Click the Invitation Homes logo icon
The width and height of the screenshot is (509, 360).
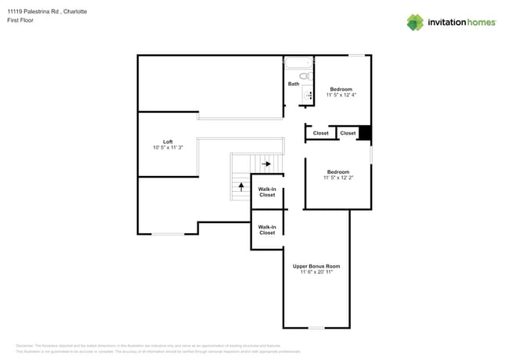tap(415, 22)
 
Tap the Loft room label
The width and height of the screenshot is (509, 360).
tap(168, 142)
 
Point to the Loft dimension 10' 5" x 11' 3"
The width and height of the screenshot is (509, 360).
tap(168, 148)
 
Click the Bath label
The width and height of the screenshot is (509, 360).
tap(294, 84)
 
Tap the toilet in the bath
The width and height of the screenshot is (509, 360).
tap(306, 77)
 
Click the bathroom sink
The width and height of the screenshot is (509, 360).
tap(308, 95)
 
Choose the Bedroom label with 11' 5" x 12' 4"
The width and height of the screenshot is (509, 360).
tap(341, 88)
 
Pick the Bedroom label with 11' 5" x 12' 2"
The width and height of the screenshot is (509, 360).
tap(338, 171)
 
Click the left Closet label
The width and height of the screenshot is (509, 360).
tap(321, 133)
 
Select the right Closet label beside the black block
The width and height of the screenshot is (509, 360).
tap(348, 133)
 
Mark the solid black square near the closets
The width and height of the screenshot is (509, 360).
tap(364, 133)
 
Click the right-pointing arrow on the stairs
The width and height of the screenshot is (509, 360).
tap(267, 164)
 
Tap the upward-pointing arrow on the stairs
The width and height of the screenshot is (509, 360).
tap(241, 187)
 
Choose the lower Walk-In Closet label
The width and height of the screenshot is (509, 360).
tap(267, 229)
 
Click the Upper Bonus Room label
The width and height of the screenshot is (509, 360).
tap(316, 266)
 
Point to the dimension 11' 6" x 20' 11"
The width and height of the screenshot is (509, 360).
tap(316, 272)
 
